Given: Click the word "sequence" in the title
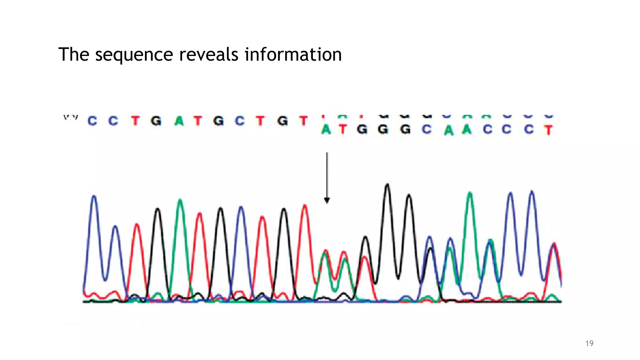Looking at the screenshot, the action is pyautogui.click(x=134, y=55).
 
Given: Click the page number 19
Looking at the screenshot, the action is pyautogui.click(x=589, y=343).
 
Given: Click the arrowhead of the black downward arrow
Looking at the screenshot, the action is pyautogui.click(x=327, y=200).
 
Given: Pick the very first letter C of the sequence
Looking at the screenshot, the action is pyautogui.click(x=92, y=121).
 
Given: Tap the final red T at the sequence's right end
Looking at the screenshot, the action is pyautogui.click(x=548, y=130).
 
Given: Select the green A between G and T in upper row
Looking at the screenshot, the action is pyautogui.click(x=179, y=121).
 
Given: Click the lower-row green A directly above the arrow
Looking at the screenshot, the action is pyautogui.click(x=326, y=129).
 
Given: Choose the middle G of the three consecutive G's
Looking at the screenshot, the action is pyautogui.click(x=383, y=129).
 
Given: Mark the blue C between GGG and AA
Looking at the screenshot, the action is pyautogui.click(x=427, y=129).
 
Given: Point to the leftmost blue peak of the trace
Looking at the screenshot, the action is pyautogui.click(x=94, y=197).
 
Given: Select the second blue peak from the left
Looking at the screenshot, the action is pyautogui.click(x=116, y=227).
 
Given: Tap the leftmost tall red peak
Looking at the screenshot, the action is pyautogui.click(x=137, y=225).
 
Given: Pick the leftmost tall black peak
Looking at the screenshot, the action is pyautogui.click(x=158, y=209).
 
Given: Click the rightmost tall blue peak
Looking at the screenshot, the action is pyautogui.click(x=532, y=192).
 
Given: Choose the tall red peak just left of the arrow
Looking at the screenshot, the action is pyautogui.click(x=305, y=206).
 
